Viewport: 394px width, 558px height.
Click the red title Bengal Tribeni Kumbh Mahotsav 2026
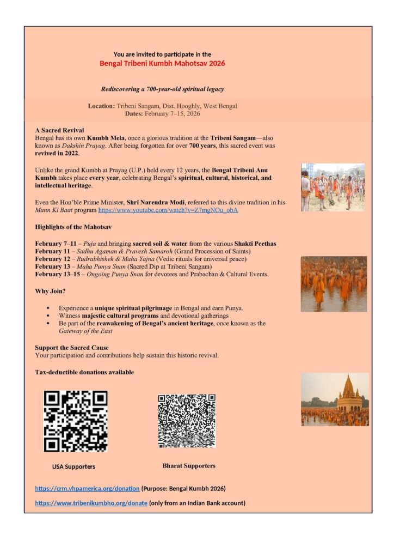click(162, 63)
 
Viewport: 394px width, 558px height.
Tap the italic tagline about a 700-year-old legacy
click(162, 89)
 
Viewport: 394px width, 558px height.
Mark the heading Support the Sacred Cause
click(72, 348)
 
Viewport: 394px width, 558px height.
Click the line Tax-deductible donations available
click(84, 372)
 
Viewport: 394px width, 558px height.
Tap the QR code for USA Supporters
click(76, 421)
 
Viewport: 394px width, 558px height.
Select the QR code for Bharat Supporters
click(187, 421)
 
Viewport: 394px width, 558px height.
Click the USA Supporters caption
click(73, 467)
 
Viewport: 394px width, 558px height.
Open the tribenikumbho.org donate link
click(91, 503)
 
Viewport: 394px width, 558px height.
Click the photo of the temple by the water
click(335, 399)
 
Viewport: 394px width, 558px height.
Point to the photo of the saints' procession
click(333, 187)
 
